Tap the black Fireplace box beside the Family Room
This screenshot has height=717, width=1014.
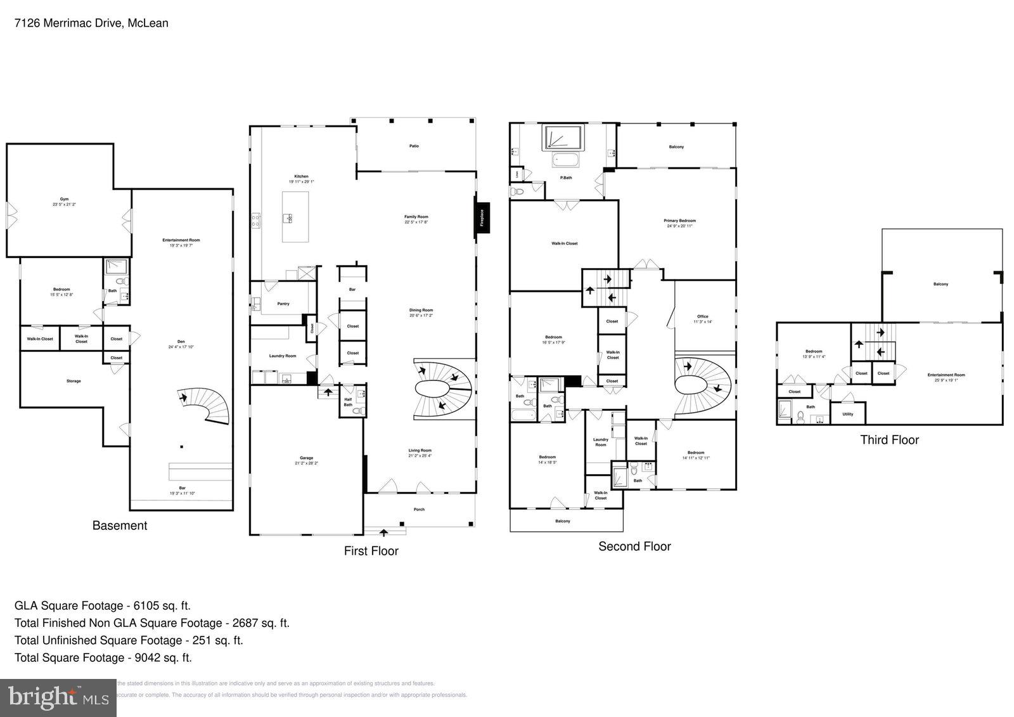tap(482, 217)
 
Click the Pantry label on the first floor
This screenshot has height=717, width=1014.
tap(283, 304)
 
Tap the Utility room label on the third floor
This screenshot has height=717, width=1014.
tap(848, 414)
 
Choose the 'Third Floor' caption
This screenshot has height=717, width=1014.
tap(889, 440)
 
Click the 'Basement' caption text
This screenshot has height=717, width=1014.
tap(119, 526)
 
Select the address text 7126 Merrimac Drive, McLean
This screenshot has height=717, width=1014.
tap(91, 23)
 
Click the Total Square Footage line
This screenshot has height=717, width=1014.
tap(103, 657)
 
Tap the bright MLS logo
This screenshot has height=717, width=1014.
tap(58, 698)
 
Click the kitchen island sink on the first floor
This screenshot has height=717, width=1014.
tap(288, 218)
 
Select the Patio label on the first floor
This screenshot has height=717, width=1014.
tap(414, 146)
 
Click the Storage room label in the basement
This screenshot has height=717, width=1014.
tap(74, 381)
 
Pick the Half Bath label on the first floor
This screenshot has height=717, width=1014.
tap(348, 402)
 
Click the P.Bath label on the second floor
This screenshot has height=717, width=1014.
tap(566, 178)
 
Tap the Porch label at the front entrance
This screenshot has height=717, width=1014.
tap(419, 509)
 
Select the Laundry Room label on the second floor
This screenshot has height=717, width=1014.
tap(600, 442)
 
